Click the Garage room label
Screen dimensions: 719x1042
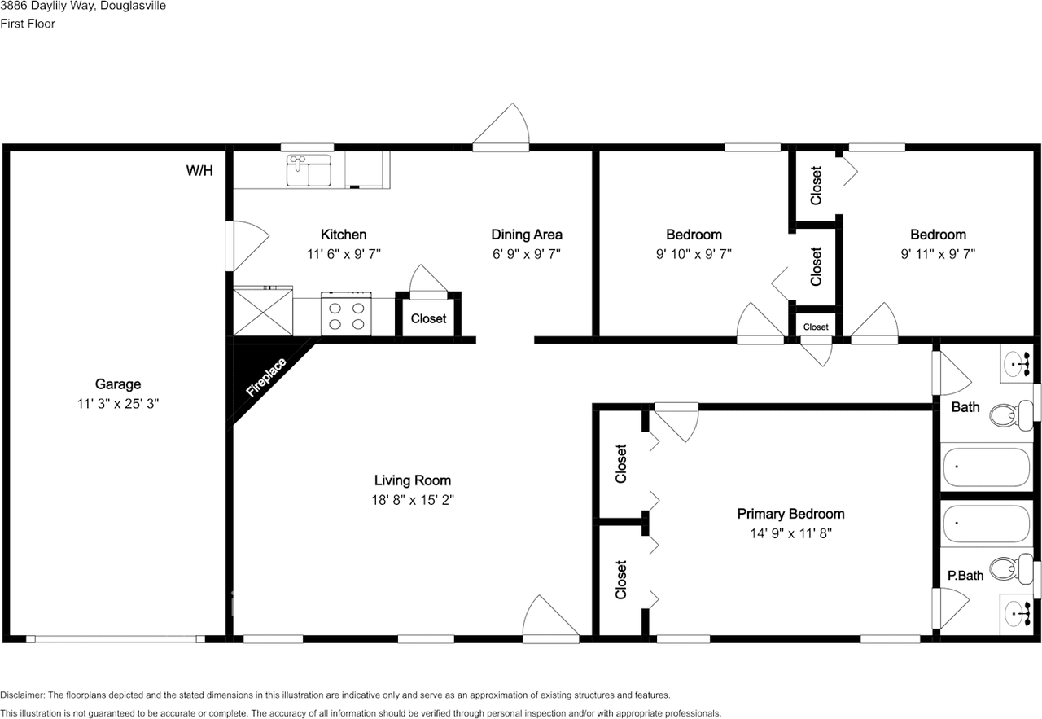118,384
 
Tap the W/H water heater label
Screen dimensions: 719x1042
200,171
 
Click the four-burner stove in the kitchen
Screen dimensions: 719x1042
347,314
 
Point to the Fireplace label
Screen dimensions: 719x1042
267,378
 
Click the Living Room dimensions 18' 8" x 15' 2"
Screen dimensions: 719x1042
413,500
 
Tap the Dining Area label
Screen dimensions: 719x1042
527,235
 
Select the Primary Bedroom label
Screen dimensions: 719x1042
790,514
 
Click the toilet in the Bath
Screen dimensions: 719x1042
1006,416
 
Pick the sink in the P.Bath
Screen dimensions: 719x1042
1016,612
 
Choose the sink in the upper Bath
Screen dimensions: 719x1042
1016,363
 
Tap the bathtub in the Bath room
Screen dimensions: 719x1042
987,467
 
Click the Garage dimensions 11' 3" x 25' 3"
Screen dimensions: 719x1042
118,404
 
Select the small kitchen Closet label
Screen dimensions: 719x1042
428,318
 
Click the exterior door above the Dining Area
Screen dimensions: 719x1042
502,130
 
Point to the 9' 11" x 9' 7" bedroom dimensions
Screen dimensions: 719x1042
938,254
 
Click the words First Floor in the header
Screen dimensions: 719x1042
28,24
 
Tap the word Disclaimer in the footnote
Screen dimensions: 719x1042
24,695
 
